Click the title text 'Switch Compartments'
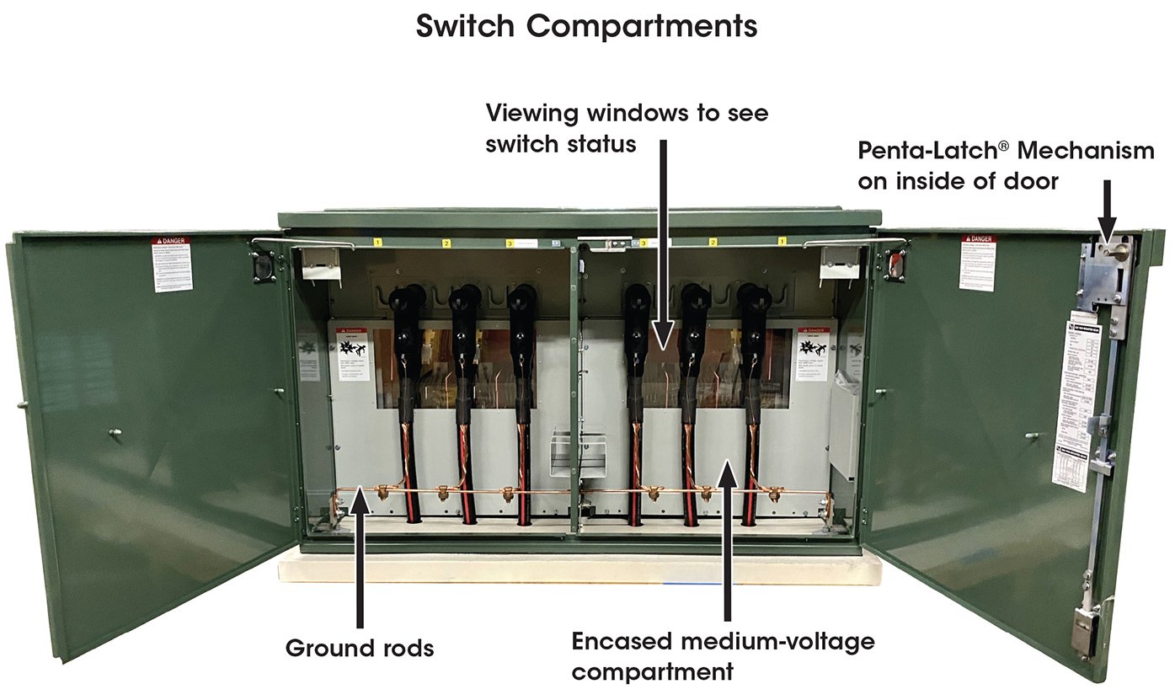coord(586,26)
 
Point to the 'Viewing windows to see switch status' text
coord(627,127)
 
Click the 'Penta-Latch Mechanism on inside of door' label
coord(1006,165)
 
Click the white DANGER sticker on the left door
coord(172,265)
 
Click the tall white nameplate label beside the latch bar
coord(1076,401)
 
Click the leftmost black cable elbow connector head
coord(410,300)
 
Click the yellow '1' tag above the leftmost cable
coord(379,243)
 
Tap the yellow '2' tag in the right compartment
coord(713,243)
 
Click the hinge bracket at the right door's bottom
coord(1084,632)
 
